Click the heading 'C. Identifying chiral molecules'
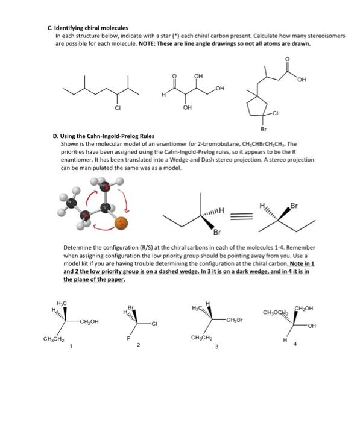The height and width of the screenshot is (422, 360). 88,28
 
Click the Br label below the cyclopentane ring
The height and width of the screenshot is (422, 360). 263,128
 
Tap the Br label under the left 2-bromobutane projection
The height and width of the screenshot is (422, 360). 216,231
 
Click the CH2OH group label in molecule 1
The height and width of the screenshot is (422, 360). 89,322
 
